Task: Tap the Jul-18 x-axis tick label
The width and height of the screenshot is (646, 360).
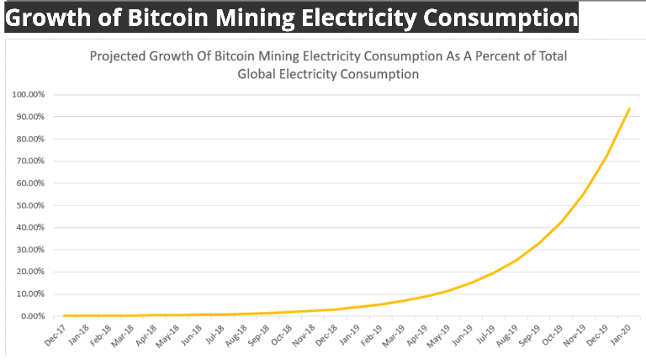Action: [215, 335]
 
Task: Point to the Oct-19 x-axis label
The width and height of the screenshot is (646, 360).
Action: [553, 335]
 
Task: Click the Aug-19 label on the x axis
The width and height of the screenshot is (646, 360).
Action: [508, 335]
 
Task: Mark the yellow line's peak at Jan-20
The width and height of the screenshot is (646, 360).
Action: [629, 109]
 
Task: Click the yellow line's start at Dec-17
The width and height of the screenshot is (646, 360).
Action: [65, 315]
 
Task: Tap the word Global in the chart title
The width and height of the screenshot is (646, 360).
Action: [266, 74]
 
